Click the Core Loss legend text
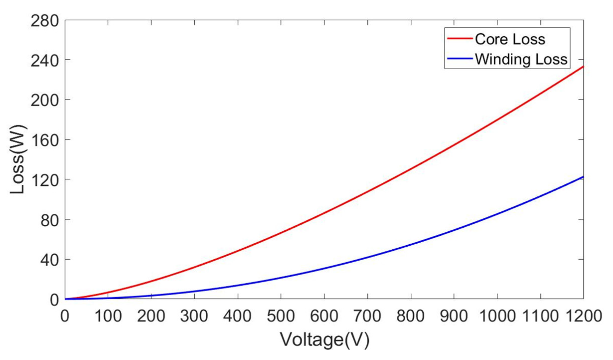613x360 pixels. click(x=510, y=39)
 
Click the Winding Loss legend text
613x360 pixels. click(x=521, y=59)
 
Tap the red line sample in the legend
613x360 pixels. click(x=460, y=39)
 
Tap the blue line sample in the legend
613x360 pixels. click(x=460, y=59)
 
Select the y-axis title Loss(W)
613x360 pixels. click(x=17, y=159)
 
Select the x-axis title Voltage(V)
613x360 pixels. click(x=325, y=340)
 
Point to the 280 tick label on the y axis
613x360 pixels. click(x=45, y=21)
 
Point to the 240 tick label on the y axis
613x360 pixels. click(x=45, y=61)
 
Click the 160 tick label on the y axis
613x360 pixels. click(x=45, y=140)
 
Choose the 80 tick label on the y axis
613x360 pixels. click(x=49, y=220)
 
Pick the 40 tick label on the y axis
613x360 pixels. click(x=49, y=260)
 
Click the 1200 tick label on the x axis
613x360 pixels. click(x=583, y=316)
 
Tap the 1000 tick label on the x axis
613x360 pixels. click(x=497, y=316)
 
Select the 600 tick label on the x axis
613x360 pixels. click(x=324, y=316)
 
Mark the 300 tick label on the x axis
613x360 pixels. click(x=194, y=316)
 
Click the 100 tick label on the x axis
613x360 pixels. click(x=108, y=316)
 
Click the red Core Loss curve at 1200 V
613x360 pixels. click(x=583, y=67)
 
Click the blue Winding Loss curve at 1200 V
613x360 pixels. click(x=583, y=177)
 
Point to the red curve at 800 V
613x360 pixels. click(x=411, y=169)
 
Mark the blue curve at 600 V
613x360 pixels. click(x=324, y=268)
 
